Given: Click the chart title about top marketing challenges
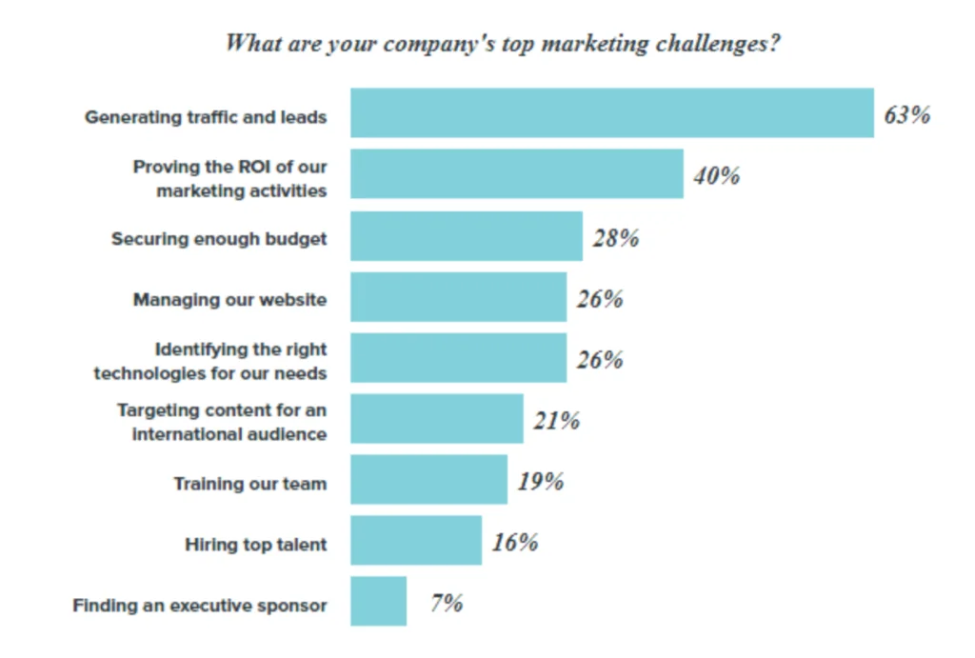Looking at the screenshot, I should click(x=502, y=44).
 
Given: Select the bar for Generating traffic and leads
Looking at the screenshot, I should click(x=611, y=113).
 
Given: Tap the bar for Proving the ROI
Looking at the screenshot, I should click(x=516, y=174).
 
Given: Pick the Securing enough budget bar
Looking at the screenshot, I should click(x=466, y=236).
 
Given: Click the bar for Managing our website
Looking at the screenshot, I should click(x=458, y=297).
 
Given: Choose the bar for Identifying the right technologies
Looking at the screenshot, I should click(x=458, y=358).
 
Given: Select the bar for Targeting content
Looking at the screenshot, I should click(x=436, y=419).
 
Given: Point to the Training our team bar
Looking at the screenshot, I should click(x=428, y=480).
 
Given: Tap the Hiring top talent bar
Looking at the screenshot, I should click(x=415, y=541).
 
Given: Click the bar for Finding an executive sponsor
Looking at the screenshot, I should click(x=378, y=602).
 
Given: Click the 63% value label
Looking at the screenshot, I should click(x=906, y=115).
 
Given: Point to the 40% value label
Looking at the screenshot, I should click(x=716, y=176).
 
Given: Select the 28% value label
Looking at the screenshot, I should click(x=615, y=238).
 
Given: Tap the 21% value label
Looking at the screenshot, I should click(x=556, y=421).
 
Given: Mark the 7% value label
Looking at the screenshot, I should click(x=446, y=603).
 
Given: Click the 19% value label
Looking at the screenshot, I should click(x=541, y=482).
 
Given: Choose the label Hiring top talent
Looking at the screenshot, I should click(x=255, y=545).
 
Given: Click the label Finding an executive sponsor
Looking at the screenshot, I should click(x=200, y=606).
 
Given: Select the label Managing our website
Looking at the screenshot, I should click(x=229, y=300).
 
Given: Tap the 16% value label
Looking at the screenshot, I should click(x=515, y=543).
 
